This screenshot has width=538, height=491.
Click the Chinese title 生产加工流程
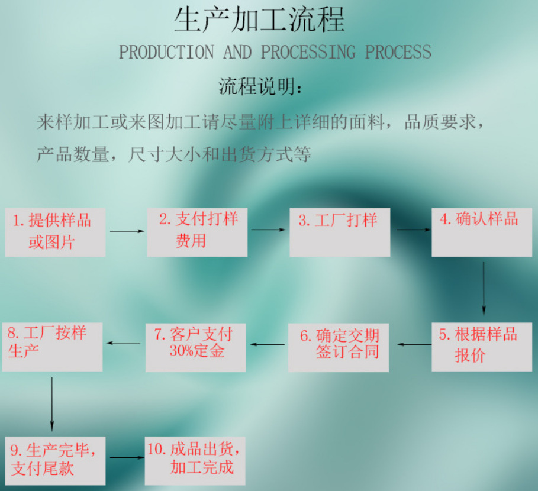click(x=259, y=20)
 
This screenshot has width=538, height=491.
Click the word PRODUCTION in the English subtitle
click(x=166, y=52)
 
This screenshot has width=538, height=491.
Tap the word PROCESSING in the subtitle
click(x=308, y=52)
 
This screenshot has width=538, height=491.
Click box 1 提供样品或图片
click(x=55, y=232)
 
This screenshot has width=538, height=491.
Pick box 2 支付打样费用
click(x=197, y=231)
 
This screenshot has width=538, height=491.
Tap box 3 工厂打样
click(x=340, y=231)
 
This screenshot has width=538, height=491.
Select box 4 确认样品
click(x=482, y=231)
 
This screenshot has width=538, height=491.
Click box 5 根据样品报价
click(x=482, y=347)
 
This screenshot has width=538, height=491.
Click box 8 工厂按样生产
click(x=52, y=346)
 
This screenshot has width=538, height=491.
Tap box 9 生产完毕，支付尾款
click(x=55, y=460)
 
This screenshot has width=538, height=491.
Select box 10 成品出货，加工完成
click(x=195, y=460)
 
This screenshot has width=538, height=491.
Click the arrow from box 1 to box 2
click(x=127, y=231)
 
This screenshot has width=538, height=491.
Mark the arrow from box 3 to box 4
click(x=412, y=230)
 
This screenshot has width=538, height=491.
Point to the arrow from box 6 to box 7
click(x=267, y=344)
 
